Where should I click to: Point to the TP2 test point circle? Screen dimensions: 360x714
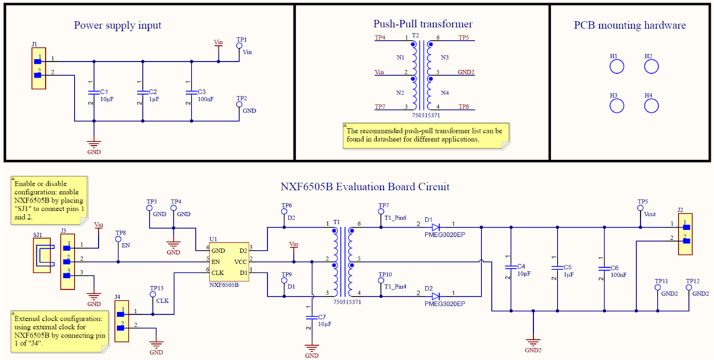tap(240, 105)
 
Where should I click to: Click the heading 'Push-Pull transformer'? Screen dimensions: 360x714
tap(422, 24)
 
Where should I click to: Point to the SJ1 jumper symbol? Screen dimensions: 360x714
tap(42, 256)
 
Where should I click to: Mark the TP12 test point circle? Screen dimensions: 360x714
tap(689, 287)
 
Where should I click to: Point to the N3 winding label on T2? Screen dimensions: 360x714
tap(444, 58)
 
